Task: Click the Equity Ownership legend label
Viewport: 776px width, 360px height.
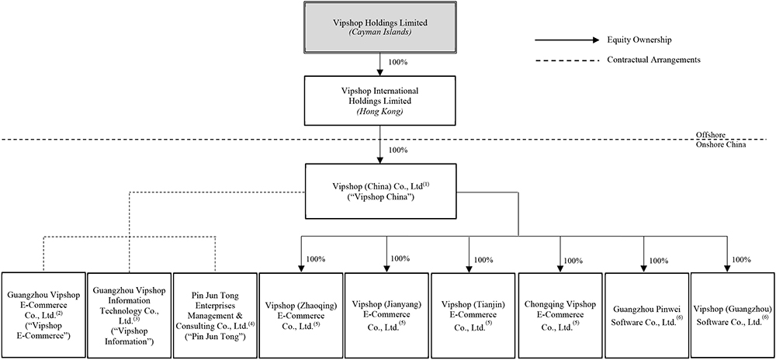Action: [x=639, y=40]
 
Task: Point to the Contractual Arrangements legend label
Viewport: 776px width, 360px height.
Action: [x=654, y=60]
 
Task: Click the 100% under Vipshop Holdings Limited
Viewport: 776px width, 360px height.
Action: [x=398, y=61]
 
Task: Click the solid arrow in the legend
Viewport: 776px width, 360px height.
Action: [x=566, y=40]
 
